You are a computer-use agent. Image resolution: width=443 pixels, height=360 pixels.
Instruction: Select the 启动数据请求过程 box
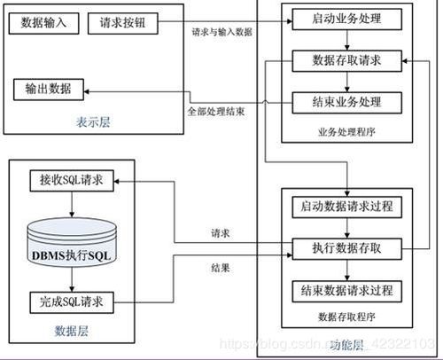346,207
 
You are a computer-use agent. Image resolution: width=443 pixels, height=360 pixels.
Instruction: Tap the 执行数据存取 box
346,248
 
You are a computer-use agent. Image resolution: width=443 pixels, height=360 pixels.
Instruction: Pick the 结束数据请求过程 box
346,290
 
